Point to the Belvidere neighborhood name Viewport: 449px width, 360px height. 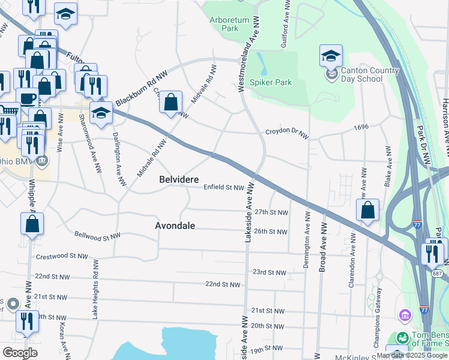pyautogui.click(x=179, y=179)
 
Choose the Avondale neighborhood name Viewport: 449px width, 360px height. pyautogui.click(x=175, y=226)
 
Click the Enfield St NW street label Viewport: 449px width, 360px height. pyautogui.click(x=223, y=188)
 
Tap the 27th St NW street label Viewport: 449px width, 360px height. pyautogui.click(x=271, y=212)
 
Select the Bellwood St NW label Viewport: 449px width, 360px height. pyautogui.click(x=97, y=235)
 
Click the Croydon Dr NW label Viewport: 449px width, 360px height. pyautogui.click(x=287, y=131)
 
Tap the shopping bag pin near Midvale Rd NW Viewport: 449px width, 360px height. pyautogui.click(x=171, y=103)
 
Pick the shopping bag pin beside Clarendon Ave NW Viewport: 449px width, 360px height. pyautogui.click(x=367, y=211)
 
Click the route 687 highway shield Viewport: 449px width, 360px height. pyautogui.click(x=438, y=273)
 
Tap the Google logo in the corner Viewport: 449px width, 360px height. pyautogui.click(x=20, y=353)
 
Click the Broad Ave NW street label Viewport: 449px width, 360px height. pyautogui.click(x=322, y=247)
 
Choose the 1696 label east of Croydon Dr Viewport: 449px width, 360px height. pyautogui.click(x=361, y=127)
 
